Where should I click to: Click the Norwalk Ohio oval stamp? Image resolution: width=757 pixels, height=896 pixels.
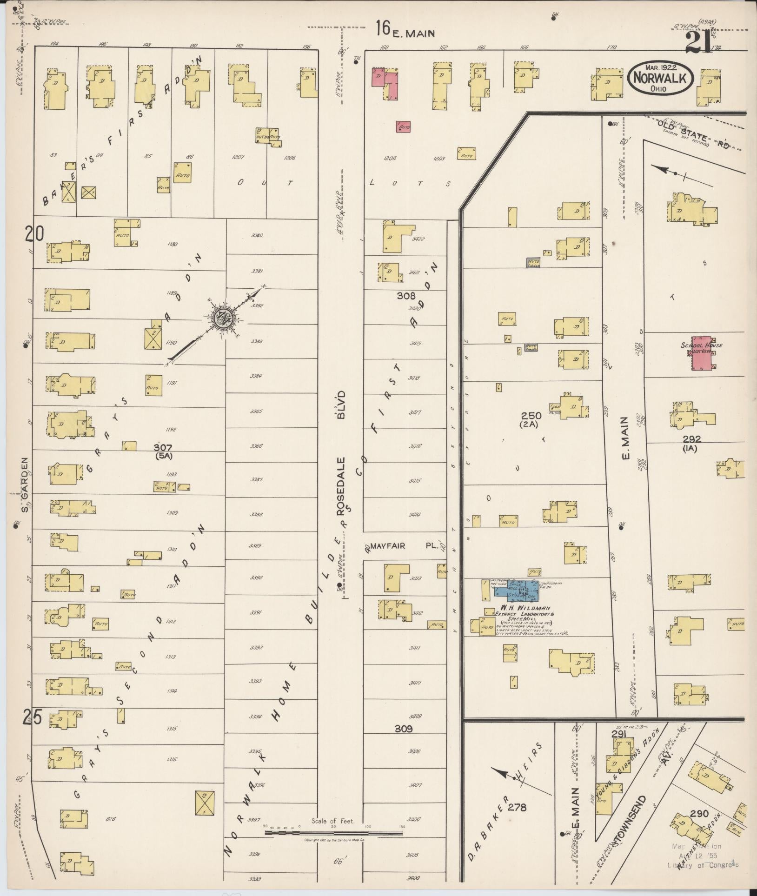660,78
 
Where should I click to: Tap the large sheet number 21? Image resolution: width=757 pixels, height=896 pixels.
699,43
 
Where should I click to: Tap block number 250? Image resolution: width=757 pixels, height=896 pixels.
531,416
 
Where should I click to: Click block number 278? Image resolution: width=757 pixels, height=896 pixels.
517,808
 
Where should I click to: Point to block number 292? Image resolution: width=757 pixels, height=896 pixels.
692,439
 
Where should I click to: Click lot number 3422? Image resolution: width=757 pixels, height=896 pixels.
418,239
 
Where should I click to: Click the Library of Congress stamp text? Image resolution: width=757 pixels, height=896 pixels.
702,865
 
